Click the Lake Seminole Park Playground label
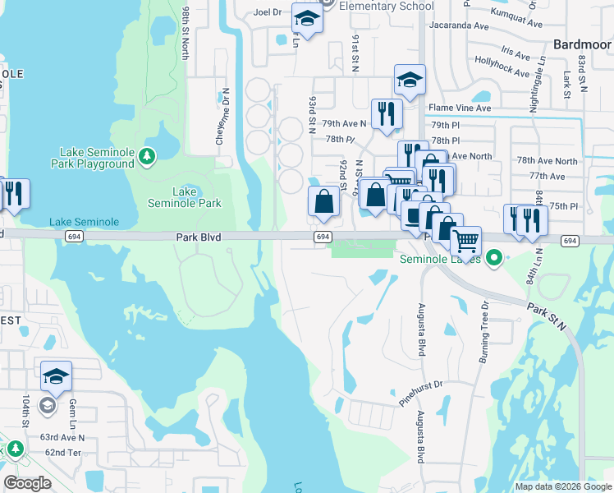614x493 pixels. (97, 158)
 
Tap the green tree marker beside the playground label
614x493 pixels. (148, 154)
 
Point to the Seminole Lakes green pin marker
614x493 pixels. (493, 259)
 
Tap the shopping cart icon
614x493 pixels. (466, 240)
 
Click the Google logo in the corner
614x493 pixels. (27, 482)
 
